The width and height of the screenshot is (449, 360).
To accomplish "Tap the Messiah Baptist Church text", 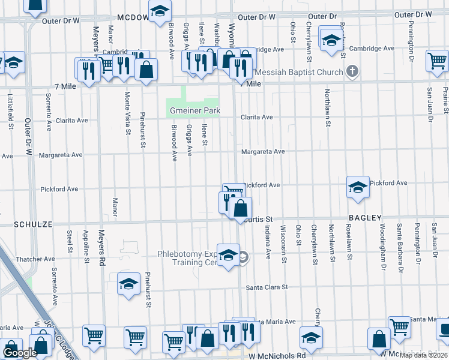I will (x=298, y=72).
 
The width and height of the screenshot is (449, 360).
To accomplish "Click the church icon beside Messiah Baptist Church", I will (x=352, y=72).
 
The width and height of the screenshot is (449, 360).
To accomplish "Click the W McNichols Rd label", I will (x=277, y=355).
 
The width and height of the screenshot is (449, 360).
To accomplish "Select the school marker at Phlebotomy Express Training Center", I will (x=228, y=256).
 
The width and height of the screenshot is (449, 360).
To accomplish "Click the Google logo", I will (x=20, y=353).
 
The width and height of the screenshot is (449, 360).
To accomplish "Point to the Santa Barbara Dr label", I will (x=399, y=247).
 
